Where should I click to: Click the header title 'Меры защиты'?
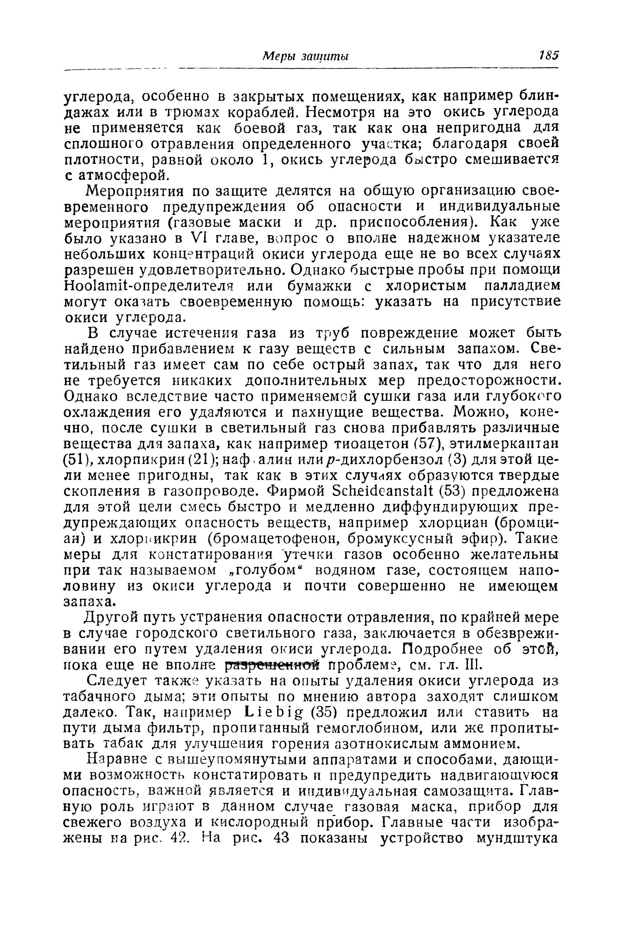click(x=305, y=56)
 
